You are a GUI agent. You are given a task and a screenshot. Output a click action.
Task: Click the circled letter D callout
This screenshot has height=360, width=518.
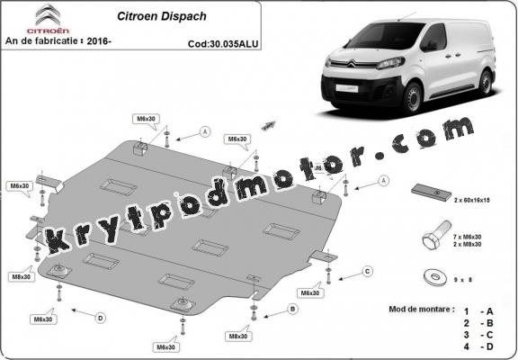pyautogui.click(x=100, y=317)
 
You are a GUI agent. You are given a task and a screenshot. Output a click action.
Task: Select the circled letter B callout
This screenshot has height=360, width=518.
pyautogui.click(x=291, y=309)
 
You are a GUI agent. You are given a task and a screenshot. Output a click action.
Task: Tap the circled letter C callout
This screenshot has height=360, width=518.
pyautogui.click(x=367, y=270)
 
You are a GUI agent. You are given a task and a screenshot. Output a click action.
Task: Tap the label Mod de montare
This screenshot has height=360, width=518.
pyautogui.click(x=423, y=308)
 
